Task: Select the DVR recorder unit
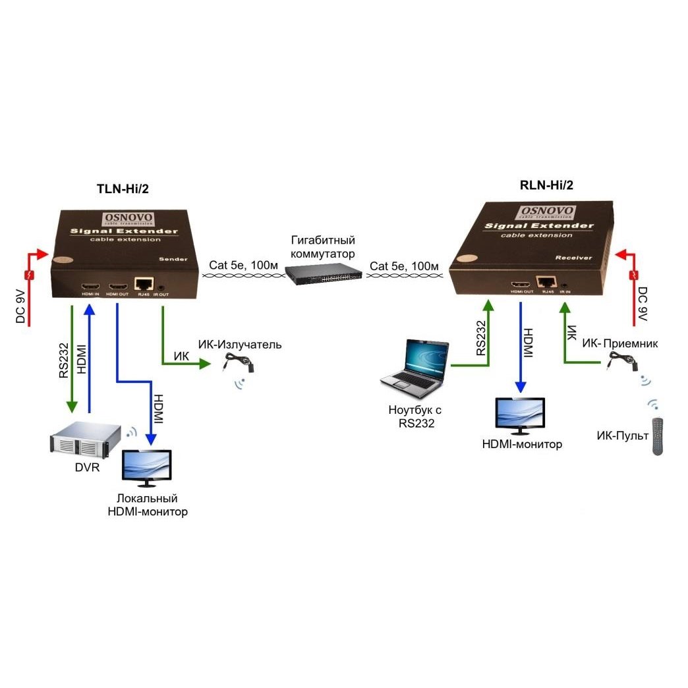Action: tap(88, 440)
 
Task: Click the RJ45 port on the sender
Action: tap(142, 284)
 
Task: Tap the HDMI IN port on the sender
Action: tap(90, 287)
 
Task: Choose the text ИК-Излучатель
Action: tap(240, 345)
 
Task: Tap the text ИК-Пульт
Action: tap(622, 436)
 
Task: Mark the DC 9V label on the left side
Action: tap(21, 305)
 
